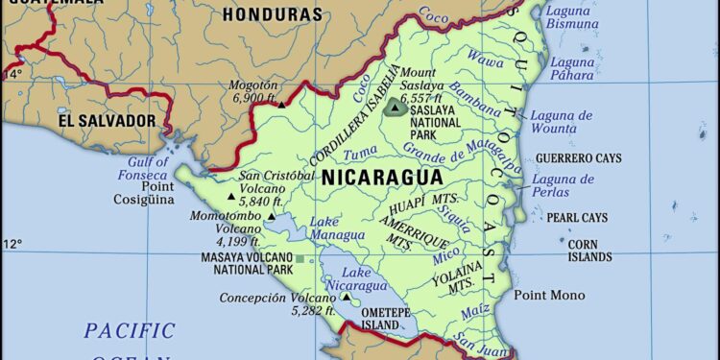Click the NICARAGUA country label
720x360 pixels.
coord(382,178)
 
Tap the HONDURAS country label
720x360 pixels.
coord(272,14)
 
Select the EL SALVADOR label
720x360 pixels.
coord(107,120)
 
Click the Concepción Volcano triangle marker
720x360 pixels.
coord(346,297)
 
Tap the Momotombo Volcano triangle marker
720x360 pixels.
coord(272,217)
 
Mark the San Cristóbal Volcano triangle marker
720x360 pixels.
coord(230,198)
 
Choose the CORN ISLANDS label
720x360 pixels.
coord(588,251)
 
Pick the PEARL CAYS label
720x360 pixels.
coord(580,218)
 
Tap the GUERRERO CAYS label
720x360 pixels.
coord(578,157)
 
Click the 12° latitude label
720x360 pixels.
coord(12,244)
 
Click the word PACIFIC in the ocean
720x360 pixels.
coord(130,331)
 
